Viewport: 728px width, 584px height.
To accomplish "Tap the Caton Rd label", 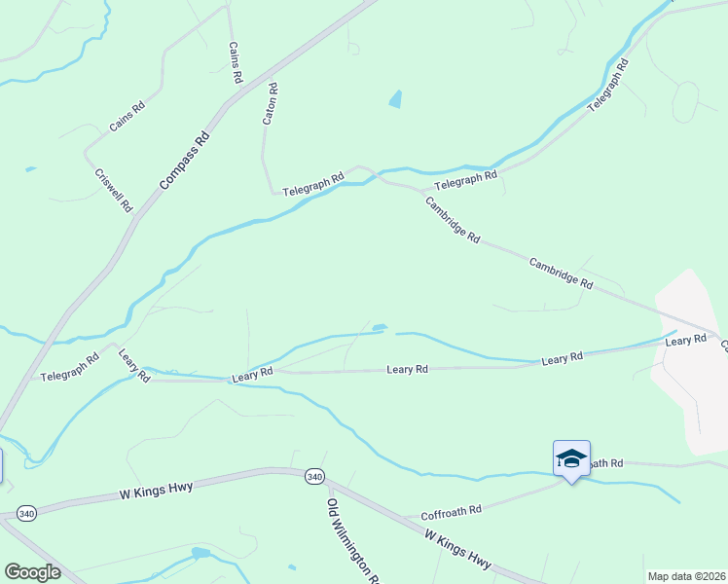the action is (271, 103).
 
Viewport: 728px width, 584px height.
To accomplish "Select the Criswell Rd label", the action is (114, 191).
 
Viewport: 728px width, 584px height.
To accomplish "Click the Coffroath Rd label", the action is (451, 511).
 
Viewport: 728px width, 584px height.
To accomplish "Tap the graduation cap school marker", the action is (570, 457).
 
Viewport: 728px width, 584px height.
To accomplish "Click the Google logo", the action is (31, 572).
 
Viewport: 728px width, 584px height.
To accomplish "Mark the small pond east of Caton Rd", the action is (394, 98).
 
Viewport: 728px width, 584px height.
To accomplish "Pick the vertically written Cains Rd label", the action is (235, 62).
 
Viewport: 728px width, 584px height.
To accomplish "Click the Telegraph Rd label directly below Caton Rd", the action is (313, 185).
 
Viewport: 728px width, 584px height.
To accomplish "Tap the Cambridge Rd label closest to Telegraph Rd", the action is (452, 219).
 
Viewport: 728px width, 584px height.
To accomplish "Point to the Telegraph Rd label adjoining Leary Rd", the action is (69, 366).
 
